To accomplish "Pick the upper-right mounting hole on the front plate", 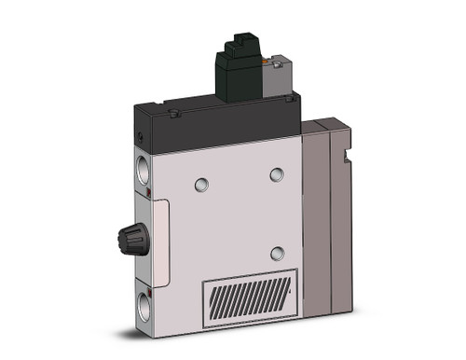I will coord(275,174).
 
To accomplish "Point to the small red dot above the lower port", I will coord(153,279).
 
